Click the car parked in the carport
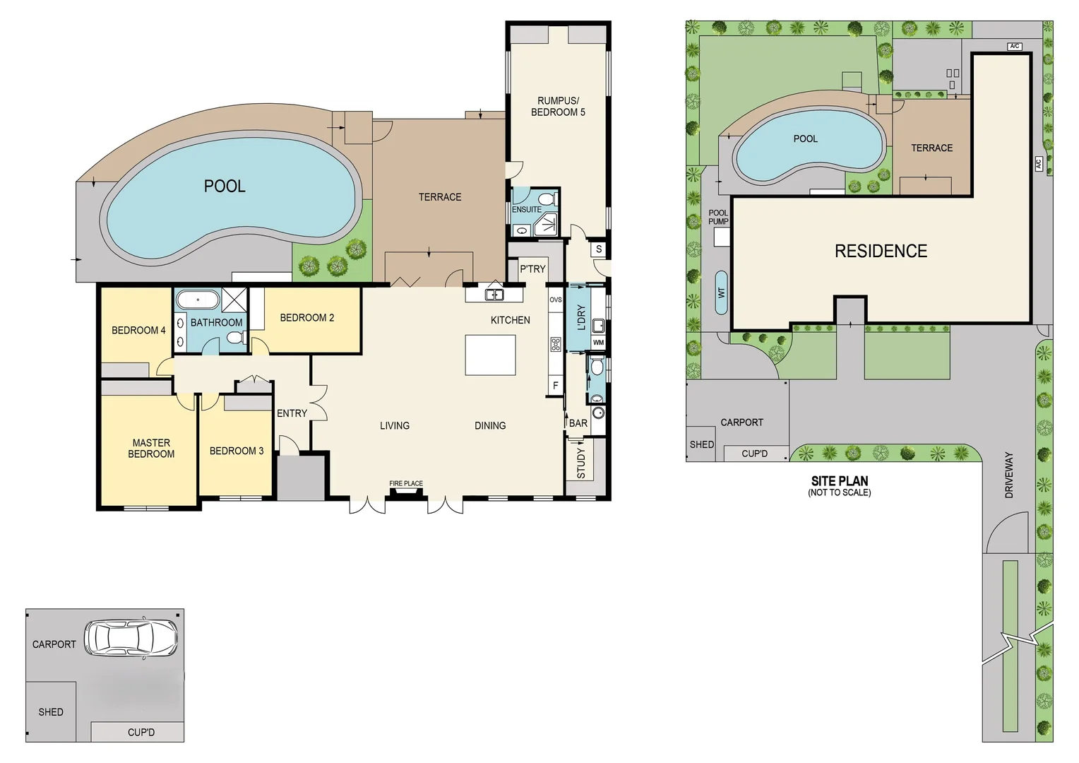click(131, 639)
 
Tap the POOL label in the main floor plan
click(225, 187)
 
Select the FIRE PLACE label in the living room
click(406, 484)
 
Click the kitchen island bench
click(490, 355)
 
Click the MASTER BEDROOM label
click(151, 449)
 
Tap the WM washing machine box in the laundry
click(598, 343)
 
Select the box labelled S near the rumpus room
click(599, 249)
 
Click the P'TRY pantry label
click(532, 269)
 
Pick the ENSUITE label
click(527, 210)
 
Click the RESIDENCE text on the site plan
click(881, 252)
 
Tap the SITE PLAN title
click(840, 481)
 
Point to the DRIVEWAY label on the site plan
click(1009, 475)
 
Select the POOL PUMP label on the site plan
click(718, 217)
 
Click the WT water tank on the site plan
click(721, 292)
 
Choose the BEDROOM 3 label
click(237, 451)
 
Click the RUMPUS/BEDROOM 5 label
click(558, 107)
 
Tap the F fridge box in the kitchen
click(556, 386)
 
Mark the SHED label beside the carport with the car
click(51, 712)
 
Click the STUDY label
click(581, 463)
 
